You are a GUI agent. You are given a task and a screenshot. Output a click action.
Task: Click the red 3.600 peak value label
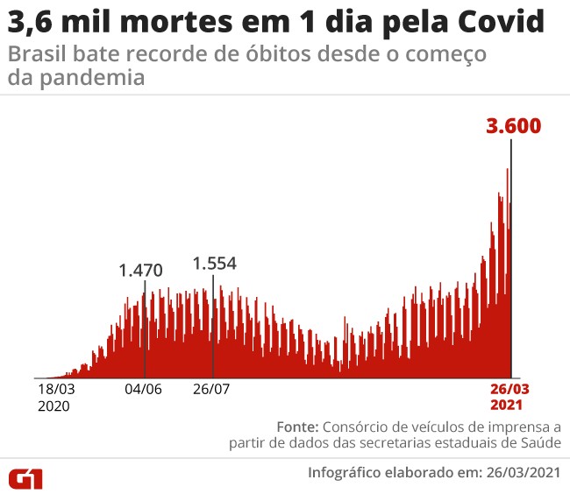[x=514, y=125]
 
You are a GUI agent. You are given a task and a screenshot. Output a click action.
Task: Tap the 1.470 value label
[x=141, y=270]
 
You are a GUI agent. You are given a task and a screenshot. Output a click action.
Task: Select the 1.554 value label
[x=215, y=263]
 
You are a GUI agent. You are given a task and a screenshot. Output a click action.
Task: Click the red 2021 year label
[x=508, y=406]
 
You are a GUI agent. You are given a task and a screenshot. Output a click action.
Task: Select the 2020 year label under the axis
[x=53, y=406]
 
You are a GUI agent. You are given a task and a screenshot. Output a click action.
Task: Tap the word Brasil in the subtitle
[x=32, y=54]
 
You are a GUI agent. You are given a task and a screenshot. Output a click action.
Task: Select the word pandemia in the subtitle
[x=76, y=77]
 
